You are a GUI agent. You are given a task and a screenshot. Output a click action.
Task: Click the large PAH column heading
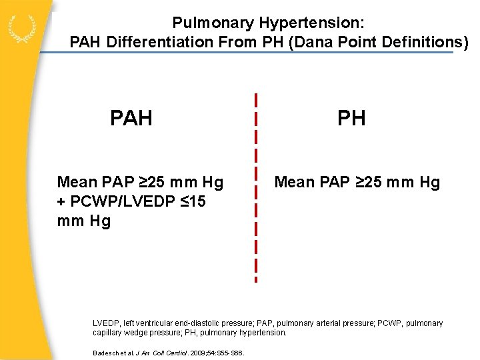click(131, 119)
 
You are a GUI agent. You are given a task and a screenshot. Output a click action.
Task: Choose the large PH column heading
click(351, 119)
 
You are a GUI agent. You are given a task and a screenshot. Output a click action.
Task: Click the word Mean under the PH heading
click(293, 182)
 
